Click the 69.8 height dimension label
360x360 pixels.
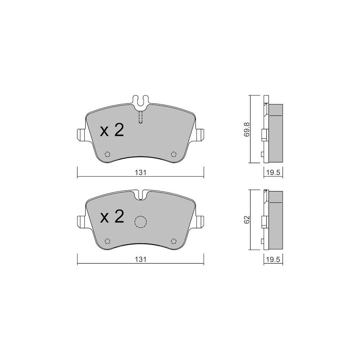[246, 130]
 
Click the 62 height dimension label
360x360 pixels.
[246, 220]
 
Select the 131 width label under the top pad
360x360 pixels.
[140, 172]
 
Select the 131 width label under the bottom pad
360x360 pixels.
[140, 260]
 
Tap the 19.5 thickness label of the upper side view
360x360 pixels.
[273, 173]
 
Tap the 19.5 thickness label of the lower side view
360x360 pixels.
[273, 260]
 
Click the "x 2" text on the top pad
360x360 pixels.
[112, 130]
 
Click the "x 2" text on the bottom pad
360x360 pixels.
[112, 217]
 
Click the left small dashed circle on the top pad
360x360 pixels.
[107, 154]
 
